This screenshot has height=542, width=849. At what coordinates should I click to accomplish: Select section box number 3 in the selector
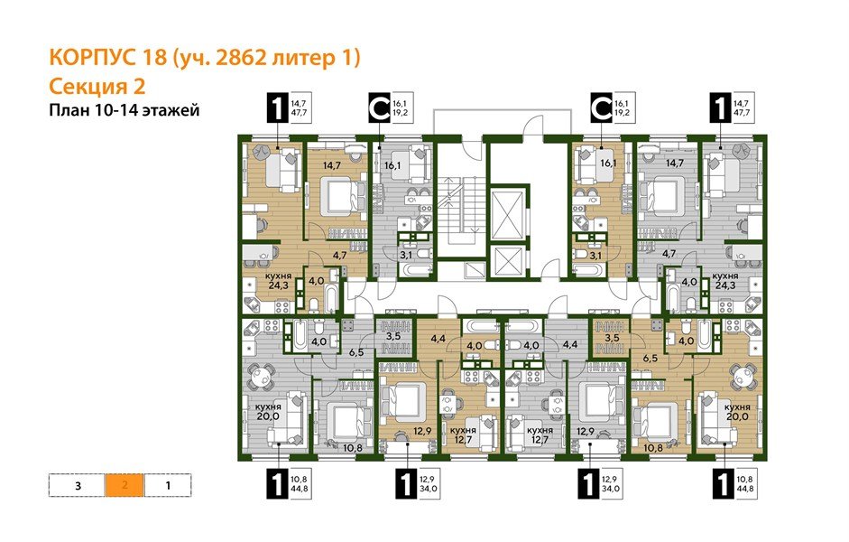[78, 485]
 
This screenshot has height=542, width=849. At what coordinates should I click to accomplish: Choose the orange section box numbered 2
[125, 485]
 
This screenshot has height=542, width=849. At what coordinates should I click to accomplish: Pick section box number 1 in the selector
[168, 485]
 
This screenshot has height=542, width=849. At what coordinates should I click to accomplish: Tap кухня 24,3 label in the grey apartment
[726, 281]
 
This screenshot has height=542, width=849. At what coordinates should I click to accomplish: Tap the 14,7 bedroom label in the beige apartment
[331, 165]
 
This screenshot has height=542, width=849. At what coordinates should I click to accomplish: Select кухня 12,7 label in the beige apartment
[463, 436]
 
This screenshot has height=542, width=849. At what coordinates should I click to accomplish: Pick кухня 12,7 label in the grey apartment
[540, 436]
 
